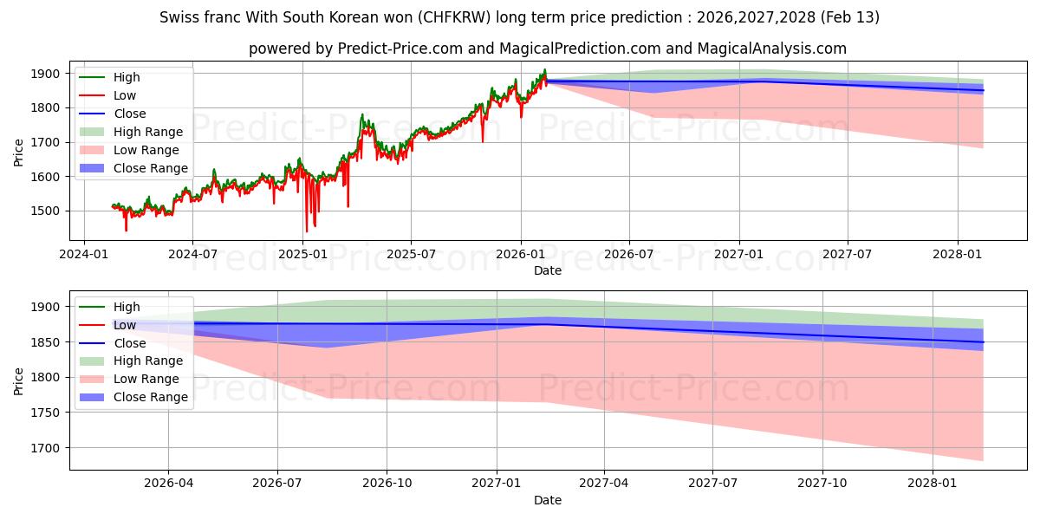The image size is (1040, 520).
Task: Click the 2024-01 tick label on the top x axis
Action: (83, 254)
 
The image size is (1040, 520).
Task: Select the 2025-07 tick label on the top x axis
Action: (411, 254)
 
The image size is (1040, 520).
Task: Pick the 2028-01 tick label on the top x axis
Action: (957, 254)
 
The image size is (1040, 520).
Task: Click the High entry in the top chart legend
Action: (127, 77)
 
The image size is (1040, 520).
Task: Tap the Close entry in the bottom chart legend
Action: (130, 342)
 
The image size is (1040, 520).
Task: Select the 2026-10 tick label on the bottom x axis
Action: (387, 484)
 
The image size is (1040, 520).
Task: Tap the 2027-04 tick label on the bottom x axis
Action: (604, 484)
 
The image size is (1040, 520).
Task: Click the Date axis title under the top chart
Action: (547, 270)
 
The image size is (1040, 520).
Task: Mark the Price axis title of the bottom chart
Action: (19, 380)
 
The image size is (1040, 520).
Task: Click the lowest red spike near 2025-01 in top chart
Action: (306, 231)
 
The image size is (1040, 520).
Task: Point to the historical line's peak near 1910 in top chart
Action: (544, 70)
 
